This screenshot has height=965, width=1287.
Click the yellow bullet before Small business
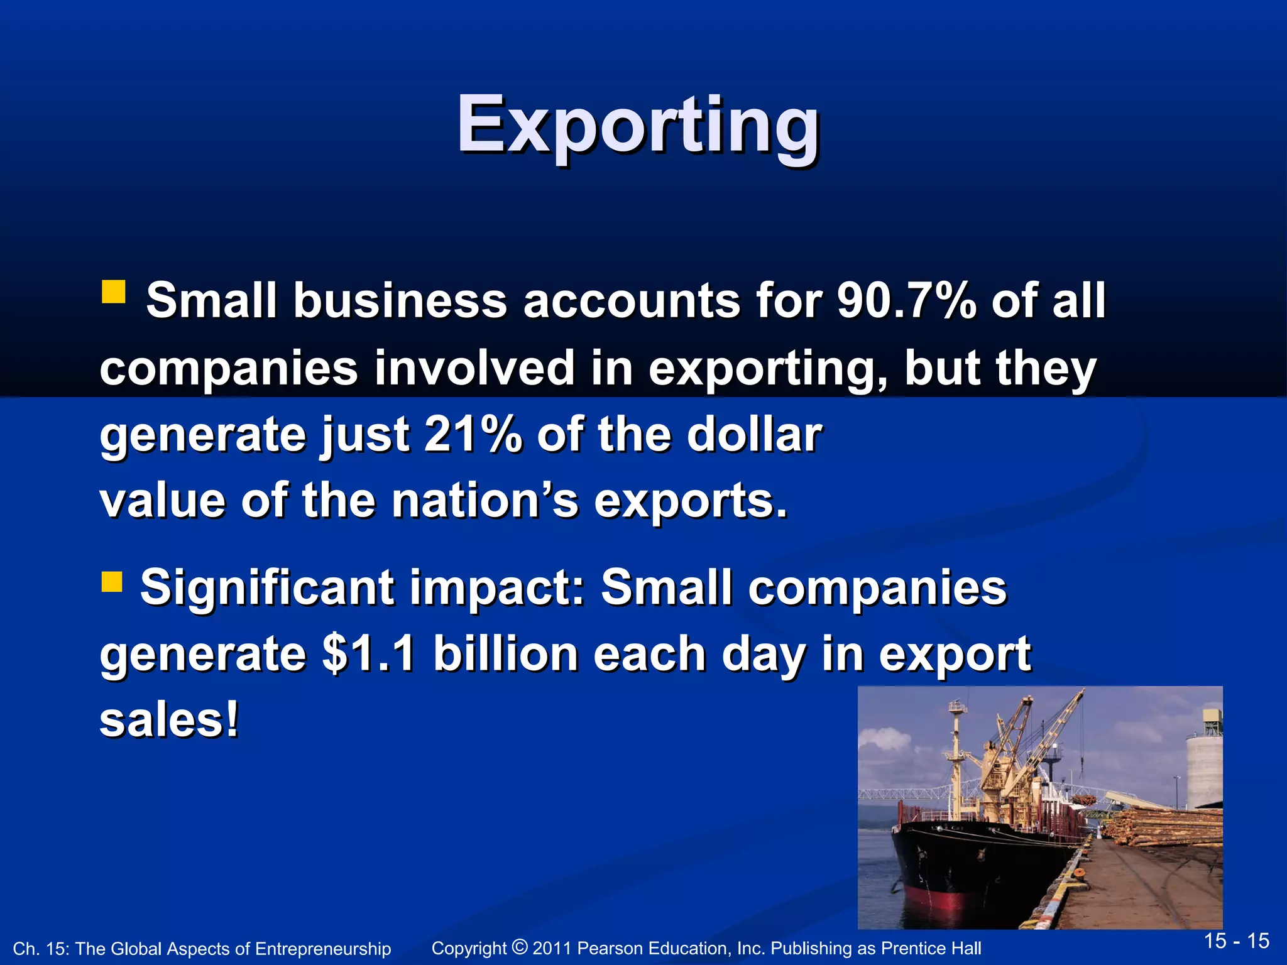(x=113, y=292)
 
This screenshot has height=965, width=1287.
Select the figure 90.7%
(x=907, y=300)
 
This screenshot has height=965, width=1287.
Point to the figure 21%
(x=473, y=434)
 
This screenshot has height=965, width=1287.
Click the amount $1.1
(x=368, y=654)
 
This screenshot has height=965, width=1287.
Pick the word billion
(x=505, y=654)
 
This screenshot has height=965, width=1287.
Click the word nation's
(x=485, y=501)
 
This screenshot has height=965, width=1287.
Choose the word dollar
(x=754, y=434)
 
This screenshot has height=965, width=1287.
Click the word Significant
(x=267, y=588)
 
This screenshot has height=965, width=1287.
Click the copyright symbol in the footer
(x=520, y=946)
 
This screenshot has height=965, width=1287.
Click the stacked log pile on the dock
(x=1169, y=826)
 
